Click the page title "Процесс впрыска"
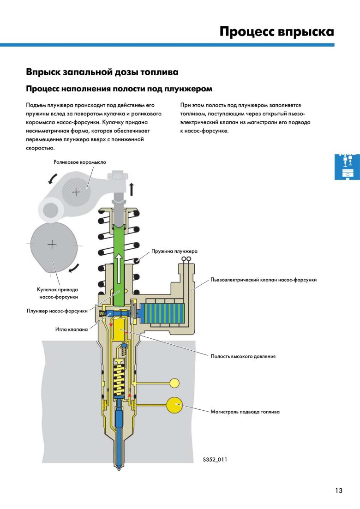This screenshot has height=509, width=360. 276,32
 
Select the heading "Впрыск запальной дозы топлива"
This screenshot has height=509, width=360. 102,72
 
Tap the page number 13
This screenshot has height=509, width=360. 339,491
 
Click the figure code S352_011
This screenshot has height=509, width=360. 215,460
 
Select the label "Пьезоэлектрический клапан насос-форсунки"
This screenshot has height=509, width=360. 264,280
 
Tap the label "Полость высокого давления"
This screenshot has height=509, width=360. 243,356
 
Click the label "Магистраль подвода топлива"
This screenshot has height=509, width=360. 245,411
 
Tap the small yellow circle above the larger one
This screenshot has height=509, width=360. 174,383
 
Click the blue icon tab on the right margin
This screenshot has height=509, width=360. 347,167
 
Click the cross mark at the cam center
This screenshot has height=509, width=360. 53,245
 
